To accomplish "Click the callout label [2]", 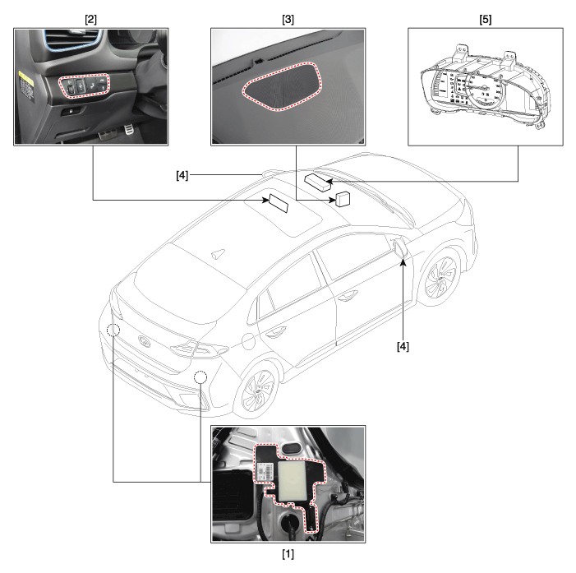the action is pyautogui.click(x=90, y=20).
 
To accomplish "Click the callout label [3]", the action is pyautogui.click(x=288, y=20).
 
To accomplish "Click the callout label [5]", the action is pyautogui.click(x=486, y=20).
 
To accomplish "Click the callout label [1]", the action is pyautogui.click(x=288, y=554).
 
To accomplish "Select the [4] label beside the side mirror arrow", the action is pyautogui.click(x=403, y=346).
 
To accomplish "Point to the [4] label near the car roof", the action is pyautogui.click(x=182, y=175).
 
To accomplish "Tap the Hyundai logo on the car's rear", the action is pyautogui.click(x=144, y=340).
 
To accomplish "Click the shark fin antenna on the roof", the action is pyautogui.click(x=219, y=253).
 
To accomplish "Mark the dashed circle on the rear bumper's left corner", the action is pyautogui.click(x=113, y=330).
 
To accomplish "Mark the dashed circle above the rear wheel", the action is pyautogui.click(x=200, y=377).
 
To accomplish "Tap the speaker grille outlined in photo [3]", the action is pyautogui.click(x=281, y=86).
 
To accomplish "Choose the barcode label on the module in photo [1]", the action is pyautogui.click(x=265, y=471).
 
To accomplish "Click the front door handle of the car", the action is pyautogui.click(x=348, y=295).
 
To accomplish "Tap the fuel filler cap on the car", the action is pyautogui.click(x=249, y=341).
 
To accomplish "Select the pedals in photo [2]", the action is pyautogui.click(x=115, y=132).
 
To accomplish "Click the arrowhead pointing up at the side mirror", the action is pyautogui.click(x=403, y=261).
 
